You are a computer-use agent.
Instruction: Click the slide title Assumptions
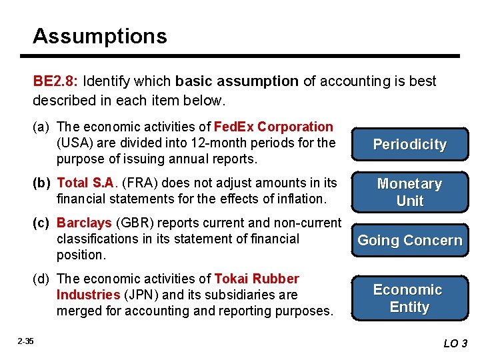tap(100, 36)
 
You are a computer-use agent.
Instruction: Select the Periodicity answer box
tap(409, 145)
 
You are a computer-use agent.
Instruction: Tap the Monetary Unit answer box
tap(409, 192)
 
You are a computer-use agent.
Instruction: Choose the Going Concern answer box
tap(409, 241)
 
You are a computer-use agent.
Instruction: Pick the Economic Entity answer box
tap(409, 298)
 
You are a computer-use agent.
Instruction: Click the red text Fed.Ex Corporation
tap(273, 127)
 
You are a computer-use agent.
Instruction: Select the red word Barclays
tap(84, 223)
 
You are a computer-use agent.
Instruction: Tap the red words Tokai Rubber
tap(257, 279)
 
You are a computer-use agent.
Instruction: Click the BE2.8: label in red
tap(57, 81)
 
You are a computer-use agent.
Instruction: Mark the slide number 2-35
tap(26, 341)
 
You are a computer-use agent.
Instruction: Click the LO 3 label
tap(455, 343)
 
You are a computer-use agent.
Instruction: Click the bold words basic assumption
tap(237, 81)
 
